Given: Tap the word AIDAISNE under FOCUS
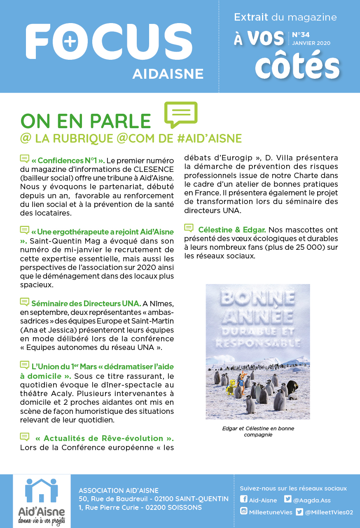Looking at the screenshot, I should (x=168, y=74).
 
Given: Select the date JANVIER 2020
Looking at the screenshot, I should (x=311, y=43).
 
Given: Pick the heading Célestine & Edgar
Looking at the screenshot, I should (x=232, y=229).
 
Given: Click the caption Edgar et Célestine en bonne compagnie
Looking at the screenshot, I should (x=258, y=431).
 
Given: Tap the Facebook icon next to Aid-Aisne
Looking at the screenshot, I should (x=243, y=500).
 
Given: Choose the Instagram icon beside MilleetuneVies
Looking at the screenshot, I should (x=244, y=512).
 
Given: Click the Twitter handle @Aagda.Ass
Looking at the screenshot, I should (x=312, y=500).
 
